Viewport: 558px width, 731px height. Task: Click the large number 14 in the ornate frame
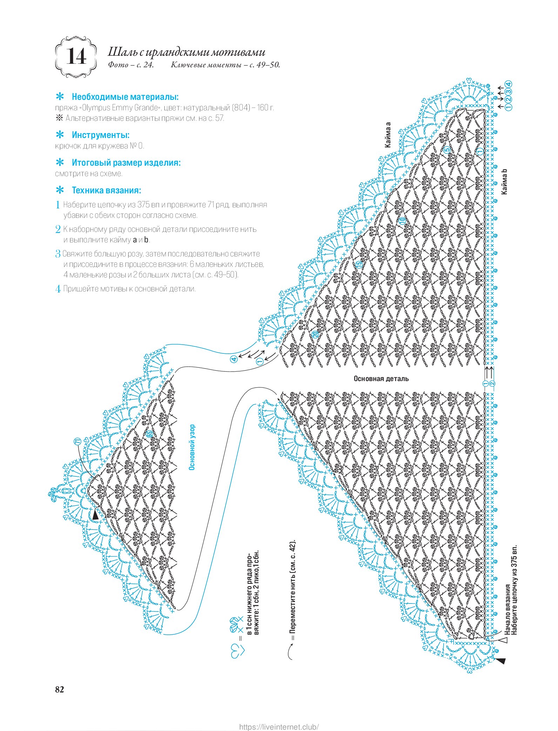pos(76,57)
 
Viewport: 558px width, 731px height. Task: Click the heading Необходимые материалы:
pos(125,97)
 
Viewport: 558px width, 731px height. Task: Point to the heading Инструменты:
pos(101,135)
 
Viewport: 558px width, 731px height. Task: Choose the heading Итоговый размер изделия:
pos(126,163)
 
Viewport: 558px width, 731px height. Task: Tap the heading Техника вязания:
pos(106,190)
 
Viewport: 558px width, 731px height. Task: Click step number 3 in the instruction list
pos(58,254)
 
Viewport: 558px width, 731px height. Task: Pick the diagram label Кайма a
pos(388,135)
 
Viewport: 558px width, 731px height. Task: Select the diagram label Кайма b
pos(504,182)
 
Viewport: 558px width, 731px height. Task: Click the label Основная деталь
pos(381,379)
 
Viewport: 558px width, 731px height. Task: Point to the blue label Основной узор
pos(192,448)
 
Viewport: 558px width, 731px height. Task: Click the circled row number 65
pos(149,434)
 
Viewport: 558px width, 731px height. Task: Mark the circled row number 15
pos(358,265)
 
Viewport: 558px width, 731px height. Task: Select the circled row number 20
pos(315,335)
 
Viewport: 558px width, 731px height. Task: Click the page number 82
pos(60,689)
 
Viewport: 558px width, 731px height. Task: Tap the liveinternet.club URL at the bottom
pos(279,724)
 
